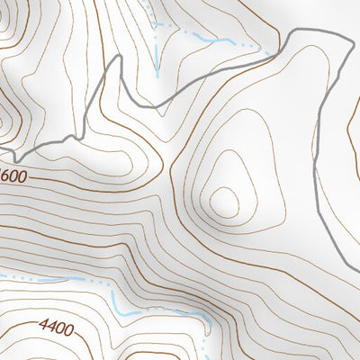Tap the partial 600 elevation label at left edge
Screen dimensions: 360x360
point(13,172)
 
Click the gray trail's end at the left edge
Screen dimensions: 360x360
point(2,152)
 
